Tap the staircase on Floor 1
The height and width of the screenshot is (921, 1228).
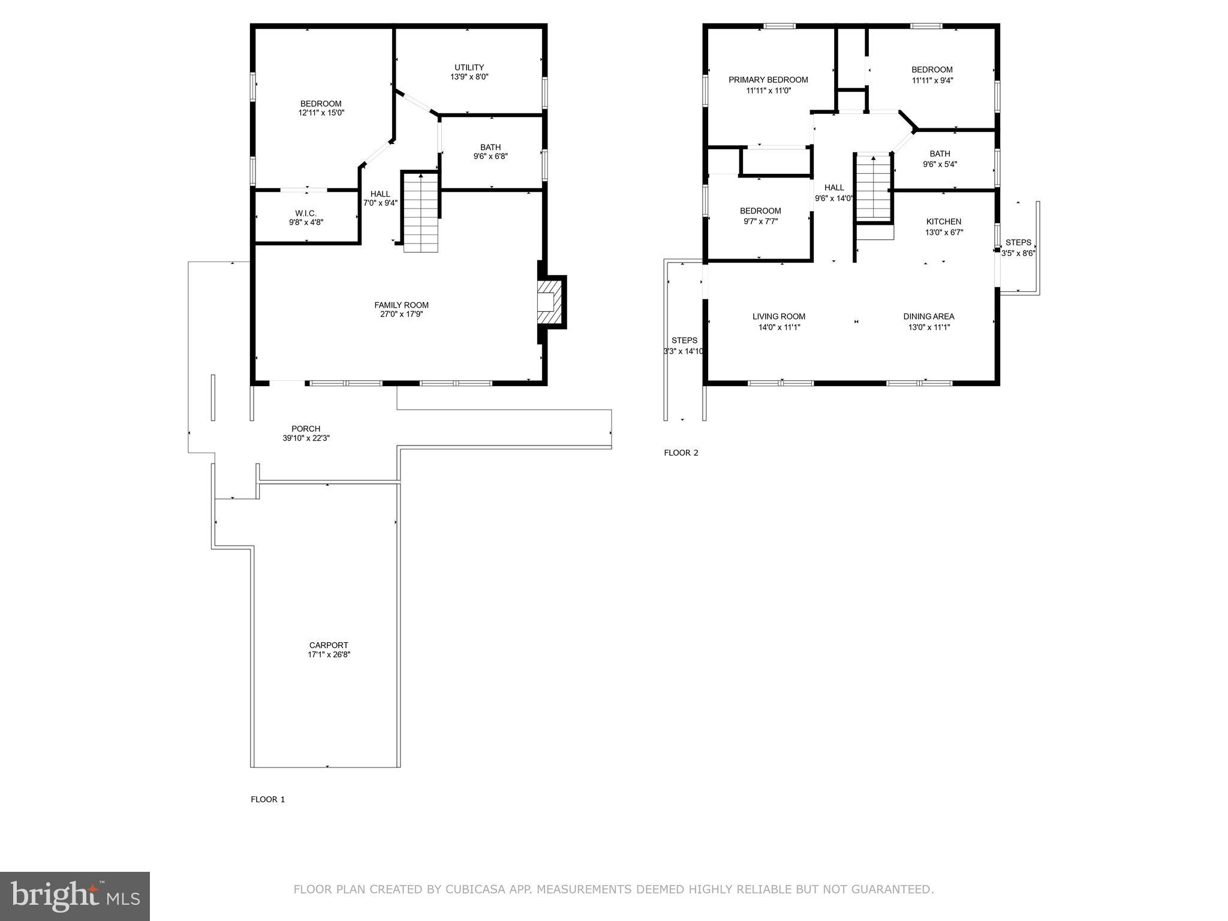coord(421,212)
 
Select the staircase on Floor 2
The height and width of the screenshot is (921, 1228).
coord(872,187)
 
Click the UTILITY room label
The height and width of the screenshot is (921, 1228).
coord(469,67)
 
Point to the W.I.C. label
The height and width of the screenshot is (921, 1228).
coord(306,213)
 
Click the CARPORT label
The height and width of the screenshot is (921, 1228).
coord(329,645)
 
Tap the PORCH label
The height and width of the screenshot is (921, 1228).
coord(306,429)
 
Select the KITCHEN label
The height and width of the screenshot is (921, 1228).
coord(943,222)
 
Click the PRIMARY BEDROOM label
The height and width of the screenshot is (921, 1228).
coord(768,80)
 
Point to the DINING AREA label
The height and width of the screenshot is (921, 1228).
coord(929,317)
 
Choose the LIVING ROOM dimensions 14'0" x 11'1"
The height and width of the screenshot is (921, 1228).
coord(779,327)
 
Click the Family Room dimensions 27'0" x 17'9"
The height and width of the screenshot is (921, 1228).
coord(401,314)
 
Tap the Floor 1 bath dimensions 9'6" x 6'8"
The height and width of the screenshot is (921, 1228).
coord(490,156)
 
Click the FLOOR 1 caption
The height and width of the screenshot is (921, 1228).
coord(268,799)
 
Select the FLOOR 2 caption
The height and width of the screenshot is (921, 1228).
coord(681,453)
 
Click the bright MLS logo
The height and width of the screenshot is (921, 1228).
coord(75,896)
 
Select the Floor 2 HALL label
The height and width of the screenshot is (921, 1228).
coord(833,188)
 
